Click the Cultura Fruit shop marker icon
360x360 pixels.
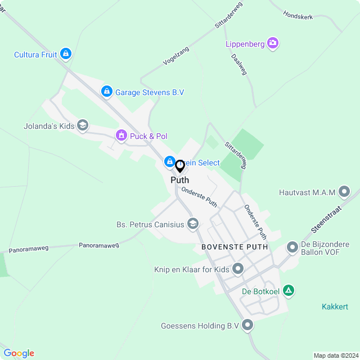pos(66,54)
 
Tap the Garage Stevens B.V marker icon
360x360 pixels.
pos(106,91)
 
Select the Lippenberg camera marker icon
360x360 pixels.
pos(273,43)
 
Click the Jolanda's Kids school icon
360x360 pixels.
pos(83,125)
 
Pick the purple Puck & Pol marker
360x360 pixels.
pos(121,136)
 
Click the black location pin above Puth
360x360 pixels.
pos(180,166)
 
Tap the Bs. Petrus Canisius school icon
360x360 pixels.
pos(193,224)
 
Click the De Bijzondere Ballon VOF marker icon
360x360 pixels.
pos(292,247)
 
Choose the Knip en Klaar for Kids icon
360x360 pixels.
pos(238,269)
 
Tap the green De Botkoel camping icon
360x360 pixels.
pos(289,291)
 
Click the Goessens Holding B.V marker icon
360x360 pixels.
pos(247,325)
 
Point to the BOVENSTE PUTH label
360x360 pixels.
pos(235,247)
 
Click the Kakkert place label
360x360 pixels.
pos(335,307)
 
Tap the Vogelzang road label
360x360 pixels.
pos(175,56)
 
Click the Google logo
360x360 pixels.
pos(19,353)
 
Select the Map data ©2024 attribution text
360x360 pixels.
pos(335,355)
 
